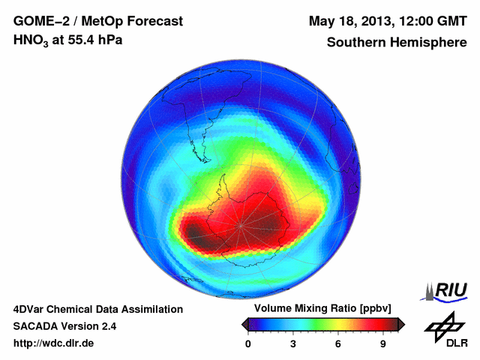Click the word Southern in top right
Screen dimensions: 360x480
click(x=356, y=42)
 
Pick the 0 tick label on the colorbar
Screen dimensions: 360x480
click(x=248, y=343)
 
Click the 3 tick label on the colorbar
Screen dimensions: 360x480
click(x=293, y=343)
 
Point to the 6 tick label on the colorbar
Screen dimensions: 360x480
click(x=338, y=343)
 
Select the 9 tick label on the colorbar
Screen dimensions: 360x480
click(x=382, y=343)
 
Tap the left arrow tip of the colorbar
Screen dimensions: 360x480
click(x=243, y=324)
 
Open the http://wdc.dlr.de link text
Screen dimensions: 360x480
click(x=54, y=343)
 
